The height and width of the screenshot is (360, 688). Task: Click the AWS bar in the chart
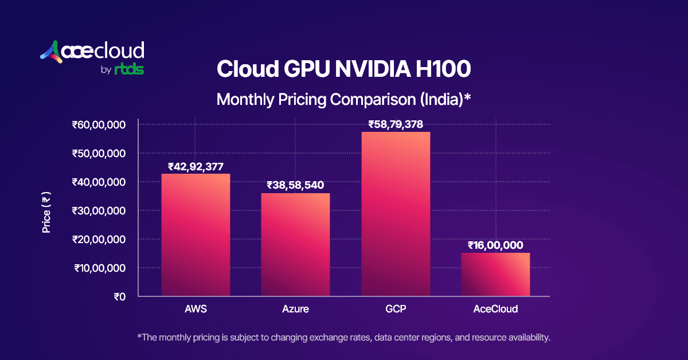tap(196, 235)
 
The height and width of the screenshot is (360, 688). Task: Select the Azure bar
tap(295, 245)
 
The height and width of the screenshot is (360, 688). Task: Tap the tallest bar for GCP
tap(396, 214)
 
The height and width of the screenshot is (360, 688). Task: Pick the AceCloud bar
tap(495, 275)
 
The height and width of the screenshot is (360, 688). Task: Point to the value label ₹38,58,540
tap(295, 185)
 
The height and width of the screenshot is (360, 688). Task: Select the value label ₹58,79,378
tap(395, 124)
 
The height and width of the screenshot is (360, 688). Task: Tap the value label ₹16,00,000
tap(495, 245)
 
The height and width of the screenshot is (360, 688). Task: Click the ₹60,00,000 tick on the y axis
tap(98, 124)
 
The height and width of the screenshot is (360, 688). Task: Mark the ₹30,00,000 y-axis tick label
tap(98, 210)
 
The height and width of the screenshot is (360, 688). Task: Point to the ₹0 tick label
tap(119, 296)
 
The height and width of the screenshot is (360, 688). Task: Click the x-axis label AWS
tap(196, 309)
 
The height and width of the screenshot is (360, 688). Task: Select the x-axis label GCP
tap(395, 309)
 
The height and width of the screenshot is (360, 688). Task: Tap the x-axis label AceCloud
tap(495, 309)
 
